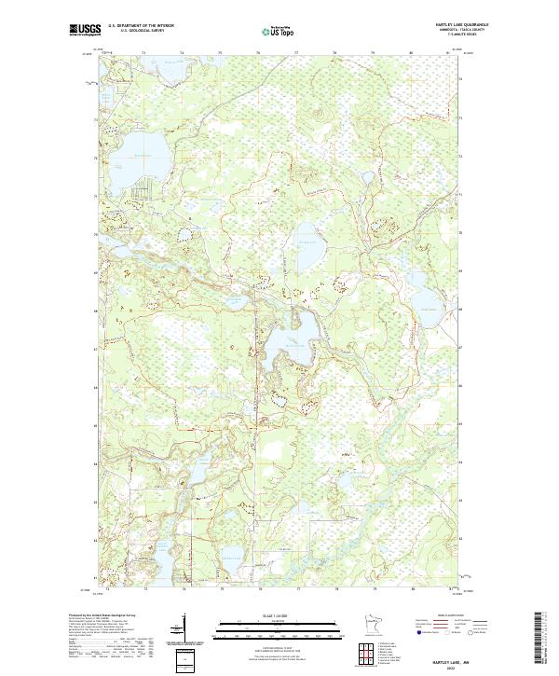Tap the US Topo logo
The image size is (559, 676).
pos(280,31)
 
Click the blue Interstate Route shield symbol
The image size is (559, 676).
pos(420,631)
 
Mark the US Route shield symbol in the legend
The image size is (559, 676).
pos(446,631)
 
